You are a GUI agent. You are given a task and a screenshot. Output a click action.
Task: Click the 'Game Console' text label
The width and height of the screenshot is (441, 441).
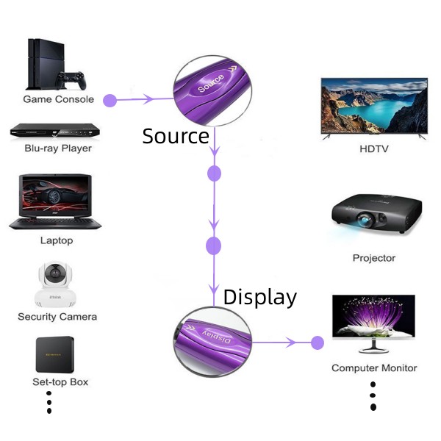(59, 99)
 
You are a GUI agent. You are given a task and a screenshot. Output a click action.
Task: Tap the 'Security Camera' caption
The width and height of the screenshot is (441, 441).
(57, 317)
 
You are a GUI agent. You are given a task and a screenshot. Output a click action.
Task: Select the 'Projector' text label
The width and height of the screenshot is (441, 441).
(374, 258)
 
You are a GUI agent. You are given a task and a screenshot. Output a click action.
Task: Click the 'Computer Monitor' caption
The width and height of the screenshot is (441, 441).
(374, 368)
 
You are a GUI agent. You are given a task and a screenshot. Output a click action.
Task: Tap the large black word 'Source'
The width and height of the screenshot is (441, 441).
(176, 136)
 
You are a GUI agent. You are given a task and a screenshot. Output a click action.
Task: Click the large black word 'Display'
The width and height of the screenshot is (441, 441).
(260, 297)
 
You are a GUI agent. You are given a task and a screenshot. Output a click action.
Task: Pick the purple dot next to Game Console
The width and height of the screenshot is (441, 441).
(110, 100)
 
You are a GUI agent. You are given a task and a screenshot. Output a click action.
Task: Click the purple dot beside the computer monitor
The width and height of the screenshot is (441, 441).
(318, 343)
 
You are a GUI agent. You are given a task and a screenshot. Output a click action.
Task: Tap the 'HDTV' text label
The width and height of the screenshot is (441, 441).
(374, 149)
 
